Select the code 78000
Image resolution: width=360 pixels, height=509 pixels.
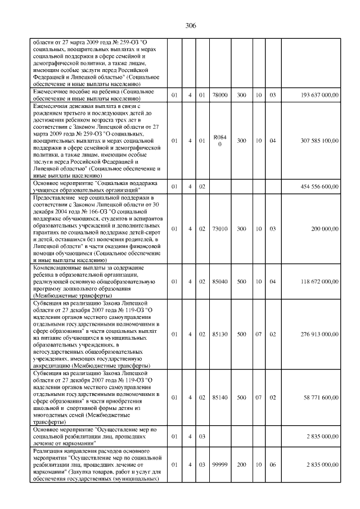coord(220,96)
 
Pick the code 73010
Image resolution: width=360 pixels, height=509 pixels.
coord(220,229)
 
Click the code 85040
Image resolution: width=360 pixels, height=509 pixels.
coord(220,281)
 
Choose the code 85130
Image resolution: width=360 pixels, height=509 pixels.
coord(220,334)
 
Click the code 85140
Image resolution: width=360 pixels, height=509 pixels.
coord(220,397)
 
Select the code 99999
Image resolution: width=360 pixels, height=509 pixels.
coord(220,465)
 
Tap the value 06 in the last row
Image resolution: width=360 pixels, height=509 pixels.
coord(272,465)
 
